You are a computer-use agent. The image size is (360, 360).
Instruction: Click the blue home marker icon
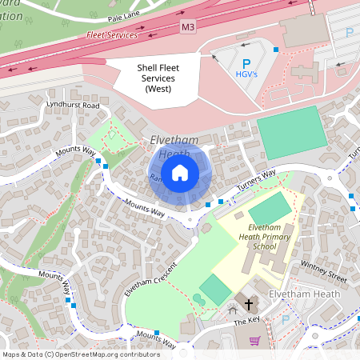180,172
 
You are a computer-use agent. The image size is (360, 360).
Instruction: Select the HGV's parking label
246,74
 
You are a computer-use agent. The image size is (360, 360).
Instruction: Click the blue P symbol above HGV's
246,62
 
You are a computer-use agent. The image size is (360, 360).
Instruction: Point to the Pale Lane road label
120,14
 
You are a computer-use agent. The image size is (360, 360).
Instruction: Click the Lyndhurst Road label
73,106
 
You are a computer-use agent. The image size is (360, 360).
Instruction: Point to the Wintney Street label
323,273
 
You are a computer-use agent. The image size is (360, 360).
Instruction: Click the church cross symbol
248,305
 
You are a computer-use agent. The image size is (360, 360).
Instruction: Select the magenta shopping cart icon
255,341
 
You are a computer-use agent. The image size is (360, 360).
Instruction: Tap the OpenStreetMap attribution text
80,354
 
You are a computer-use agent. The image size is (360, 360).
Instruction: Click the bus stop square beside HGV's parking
276,50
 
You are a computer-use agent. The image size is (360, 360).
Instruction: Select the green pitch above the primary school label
270,210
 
